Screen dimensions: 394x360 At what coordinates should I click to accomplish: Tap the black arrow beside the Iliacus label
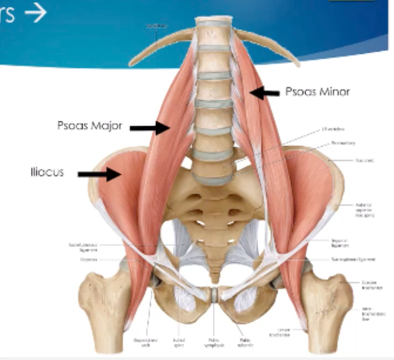(99, 173)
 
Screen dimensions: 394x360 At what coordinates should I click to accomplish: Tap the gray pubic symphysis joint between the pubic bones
(213, 294)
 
